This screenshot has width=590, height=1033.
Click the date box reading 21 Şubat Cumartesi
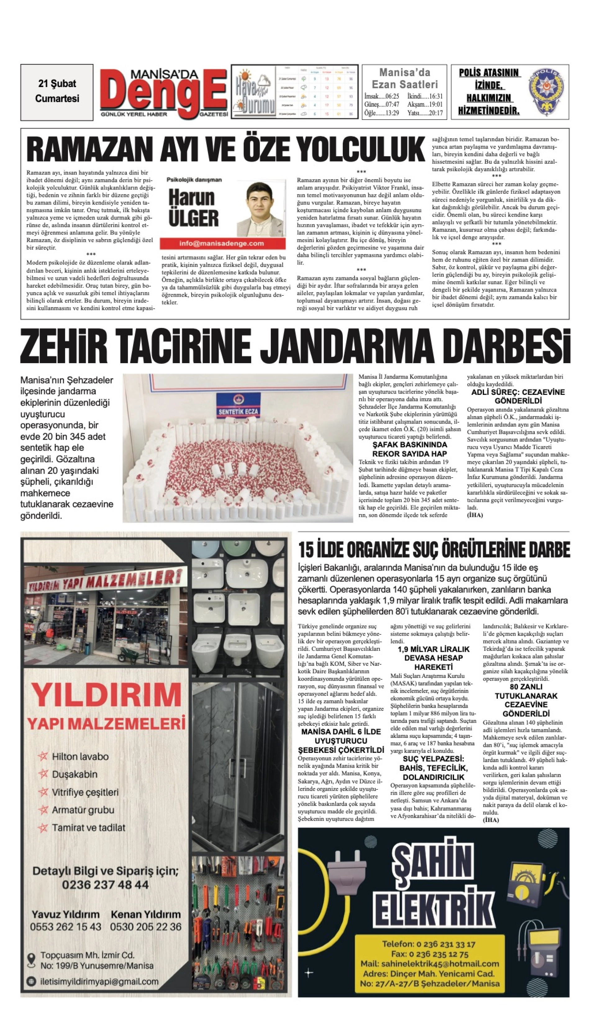(57, 91)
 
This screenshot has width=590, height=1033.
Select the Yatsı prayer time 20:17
(436, 113)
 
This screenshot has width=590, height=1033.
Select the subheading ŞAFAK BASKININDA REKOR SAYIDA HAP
(409, 449)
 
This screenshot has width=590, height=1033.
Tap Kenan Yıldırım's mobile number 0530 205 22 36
(145, 927)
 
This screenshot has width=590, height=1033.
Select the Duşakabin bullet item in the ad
(75, 774)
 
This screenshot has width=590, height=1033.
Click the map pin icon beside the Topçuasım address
(31, 960)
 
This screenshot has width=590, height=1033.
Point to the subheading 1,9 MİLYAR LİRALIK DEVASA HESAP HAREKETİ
(433, 658)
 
